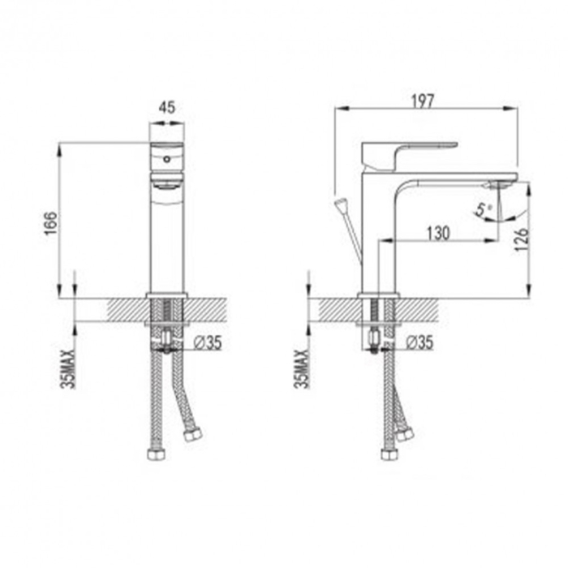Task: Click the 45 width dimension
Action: tap(168, 107)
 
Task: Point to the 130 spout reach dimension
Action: tap(438, 233)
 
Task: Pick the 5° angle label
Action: tap(484, 211)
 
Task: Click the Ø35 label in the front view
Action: tap(208, 342)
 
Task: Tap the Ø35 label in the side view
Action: tap(420, 342)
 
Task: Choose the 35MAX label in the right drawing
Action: tap(303, 368)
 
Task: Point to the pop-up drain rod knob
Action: tap(338, 204)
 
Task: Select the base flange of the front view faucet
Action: tap(167, 295)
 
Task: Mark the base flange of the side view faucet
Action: tap(380, 295)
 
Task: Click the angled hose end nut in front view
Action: tap(193, 436)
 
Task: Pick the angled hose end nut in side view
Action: tap(405, 434)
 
